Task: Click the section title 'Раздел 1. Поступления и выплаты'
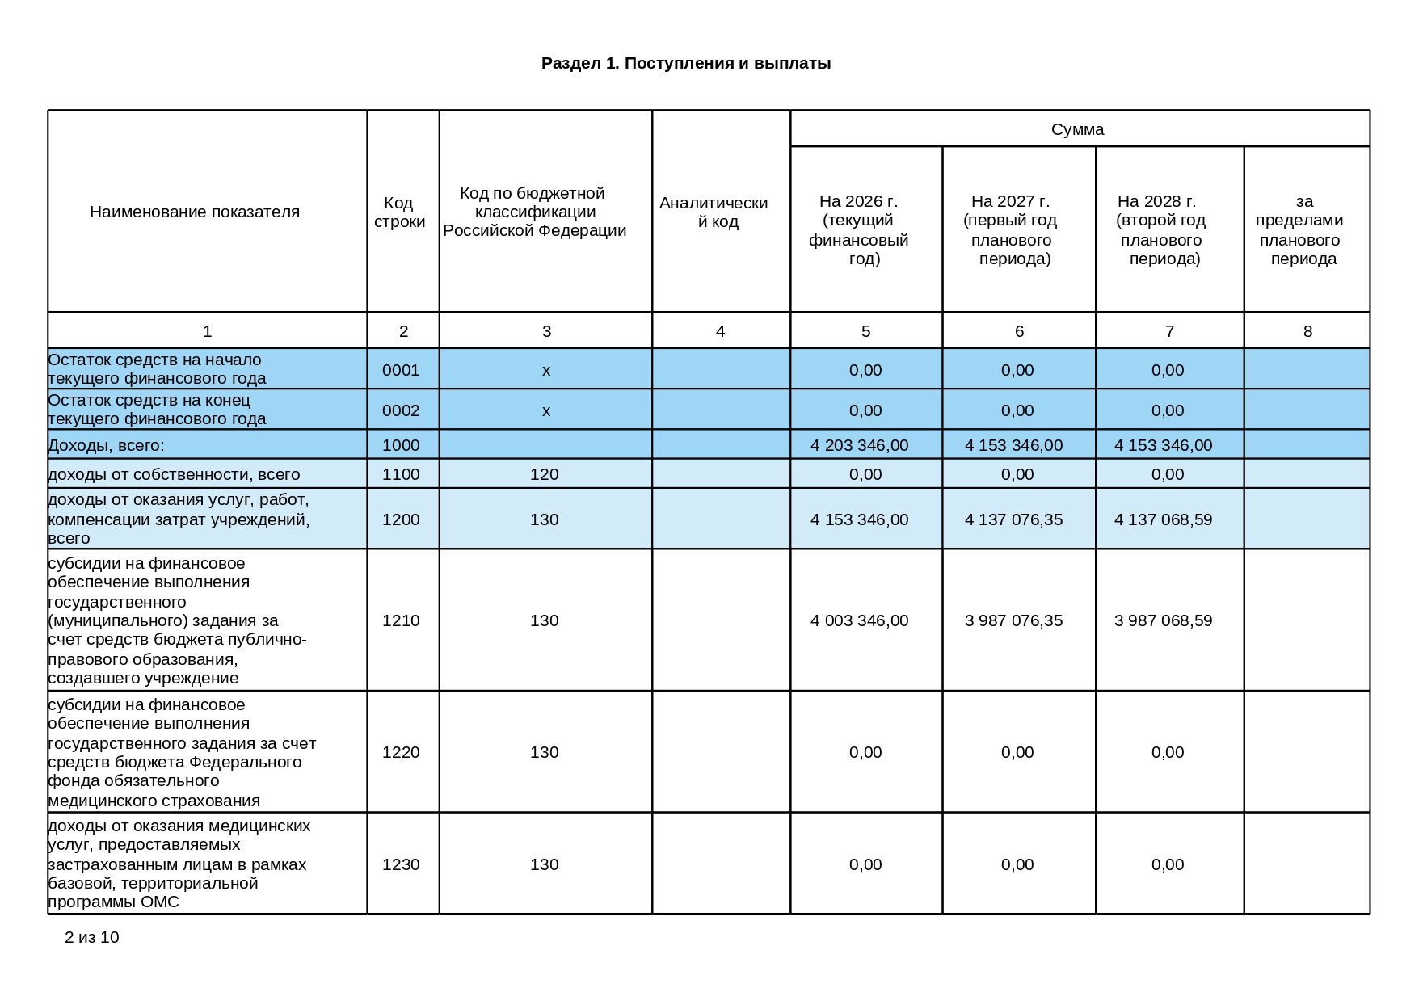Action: pos(686,63)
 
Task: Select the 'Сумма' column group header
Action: pos(1077,129)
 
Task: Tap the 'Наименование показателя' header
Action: pos(195,212)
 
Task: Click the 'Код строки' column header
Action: pos(400,212)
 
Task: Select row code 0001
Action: pos(401,370)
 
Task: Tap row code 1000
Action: pos(401,445)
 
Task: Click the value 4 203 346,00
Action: pos(859,445)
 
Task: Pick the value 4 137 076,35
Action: pos(1013,519)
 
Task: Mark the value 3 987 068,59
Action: pos(1163,620)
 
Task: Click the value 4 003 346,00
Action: pos(859,620)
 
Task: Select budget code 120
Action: pos(544,474)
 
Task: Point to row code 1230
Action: pos(401,864)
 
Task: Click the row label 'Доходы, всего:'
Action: pos(106,445)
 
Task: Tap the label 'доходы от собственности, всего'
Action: pos(174,474)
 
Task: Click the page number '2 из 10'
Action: pos(91,937)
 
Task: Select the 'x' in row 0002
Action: pos(546,410)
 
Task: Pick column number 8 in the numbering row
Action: pos(1307,331)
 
